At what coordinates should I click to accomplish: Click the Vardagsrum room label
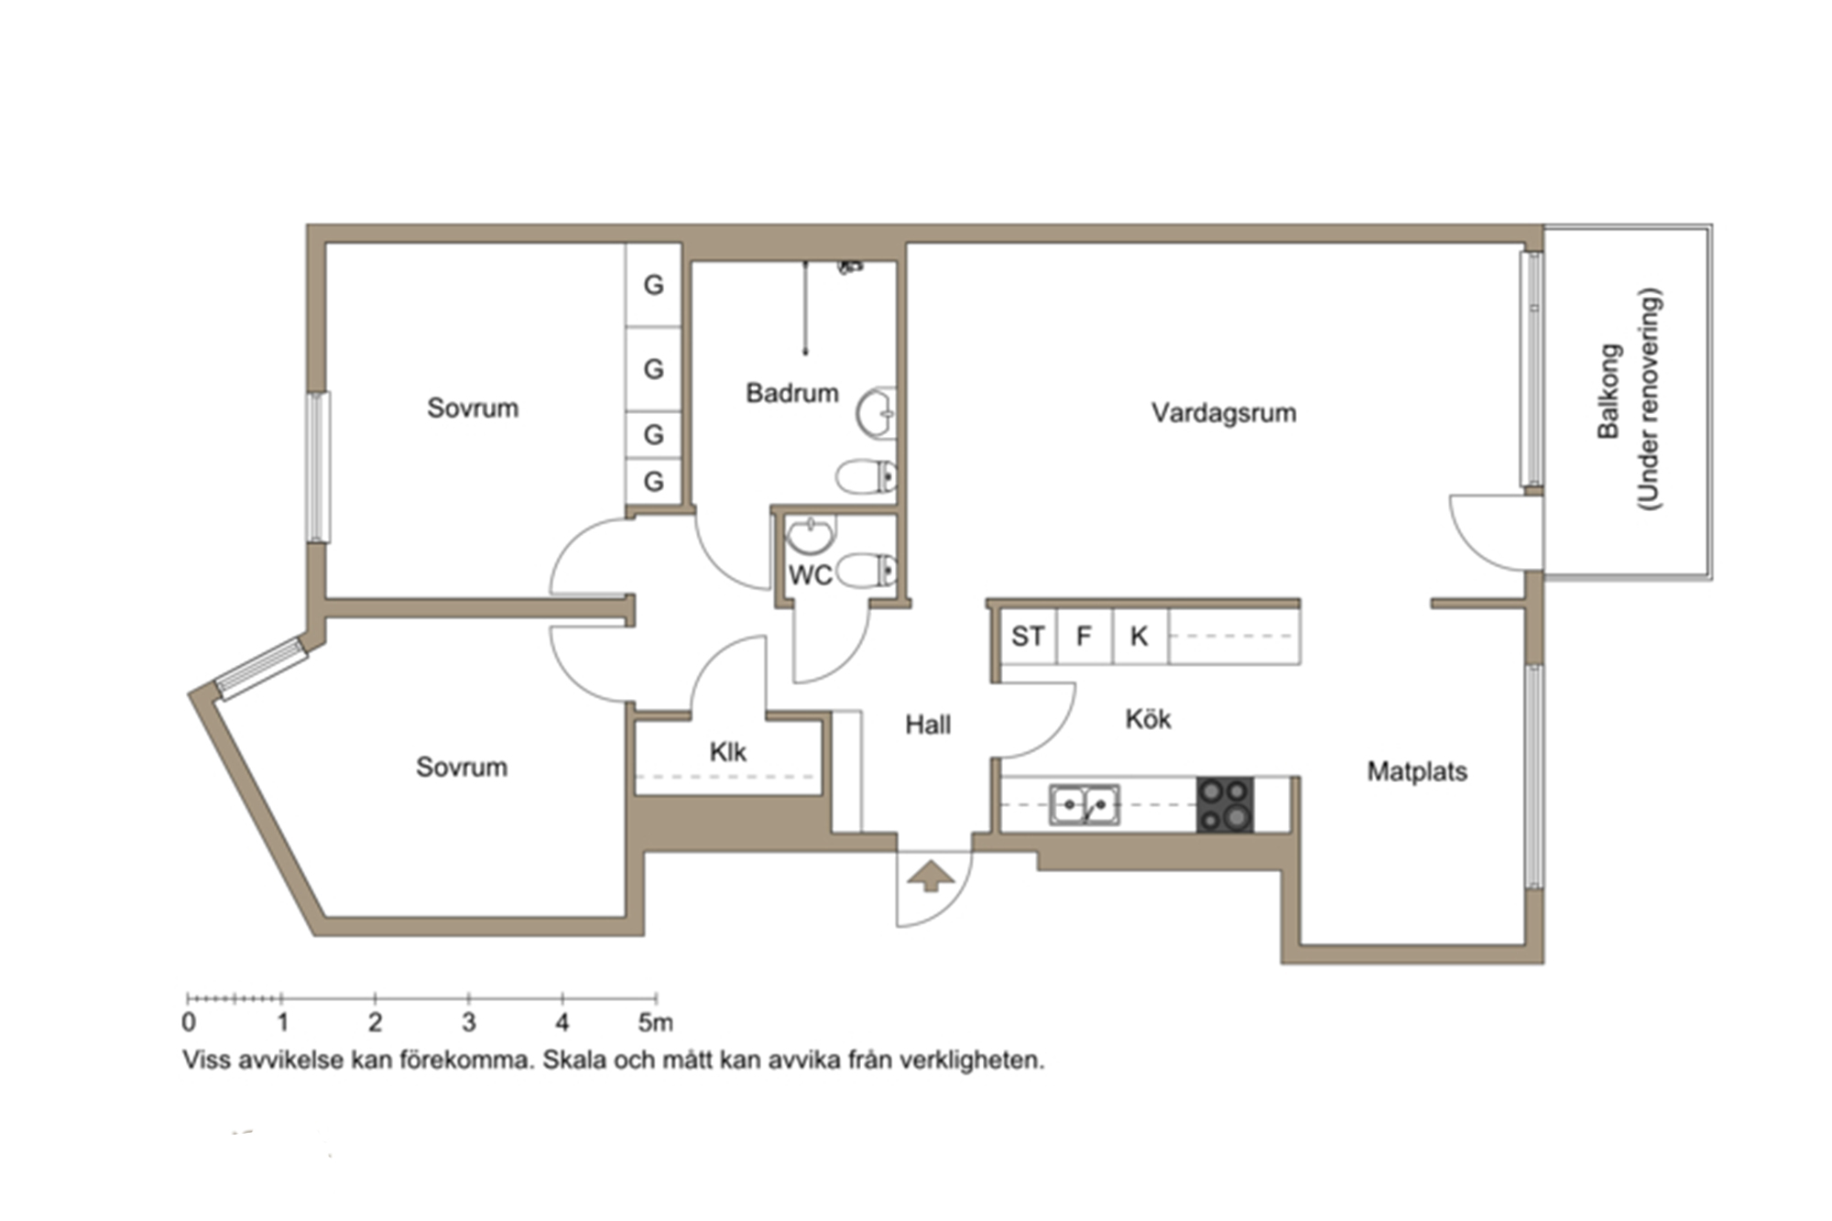pyautogui.click(x=1224, y=413)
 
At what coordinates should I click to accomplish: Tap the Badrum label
pyautogui.click(x=792, y=393)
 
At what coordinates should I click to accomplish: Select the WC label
pyautogui.click(x=811, y=575)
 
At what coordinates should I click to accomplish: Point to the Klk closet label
pyautogui.click(x=728, y=752)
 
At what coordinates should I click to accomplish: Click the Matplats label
pyautogui.click(x=1417, y=771)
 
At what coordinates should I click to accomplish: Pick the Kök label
pyautogui.click(x=1148, y=719)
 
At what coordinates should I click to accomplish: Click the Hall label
pyautogui.click(x=928, y=725)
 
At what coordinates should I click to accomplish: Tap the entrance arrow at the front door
pyautogui.click(x=931, y=876)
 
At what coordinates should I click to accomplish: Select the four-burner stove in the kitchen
pyautogui.click(x=1225, y=805)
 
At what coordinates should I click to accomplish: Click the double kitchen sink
pyautogui.click(x=1085, y=805)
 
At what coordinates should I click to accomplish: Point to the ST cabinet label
pyautogui.click(x=1028, y=636)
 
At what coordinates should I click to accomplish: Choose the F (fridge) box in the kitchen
pyautogui.click(x=1085, y=636)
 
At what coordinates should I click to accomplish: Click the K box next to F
pyautogui.click(x=1140, y=636)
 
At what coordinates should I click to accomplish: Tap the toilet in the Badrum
pyautogui.click(x=866, y=477)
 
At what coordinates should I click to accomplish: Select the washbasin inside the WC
pyautogui.click(x=811, y=535)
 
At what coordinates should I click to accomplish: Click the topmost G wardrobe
pyautogui.click(x=654, y=285)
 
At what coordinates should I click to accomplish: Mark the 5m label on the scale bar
pyautogui.click(x=656, y=1021)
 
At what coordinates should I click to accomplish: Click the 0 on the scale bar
pyautogui.click(x=189, y=1022)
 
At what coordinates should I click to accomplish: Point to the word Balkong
pyautogui.click(x=1609, y=391)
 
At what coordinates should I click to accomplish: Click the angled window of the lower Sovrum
pyautogui.click(x=261, y=668)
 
